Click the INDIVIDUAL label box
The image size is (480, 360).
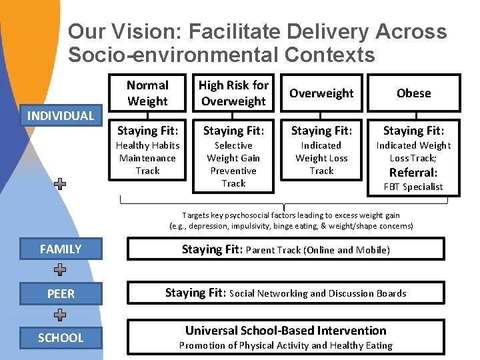[60, 115]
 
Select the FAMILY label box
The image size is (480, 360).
[60, 249]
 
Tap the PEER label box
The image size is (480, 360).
[60, 293]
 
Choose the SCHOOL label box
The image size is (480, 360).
[60, 337]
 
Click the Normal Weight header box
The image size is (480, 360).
[147, 93]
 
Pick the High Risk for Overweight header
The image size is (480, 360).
[233, 93]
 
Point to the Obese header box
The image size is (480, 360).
[413, 93]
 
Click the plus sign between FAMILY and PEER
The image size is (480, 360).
[60, 271]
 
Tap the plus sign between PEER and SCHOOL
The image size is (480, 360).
[60, 315]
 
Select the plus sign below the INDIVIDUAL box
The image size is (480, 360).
[60, 185]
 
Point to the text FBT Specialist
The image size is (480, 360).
[413, 187]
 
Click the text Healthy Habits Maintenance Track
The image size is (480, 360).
[147, 158]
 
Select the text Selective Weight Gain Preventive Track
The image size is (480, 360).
[233, 164]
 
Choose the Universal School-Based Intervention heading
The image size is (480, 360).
[285, 330]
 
